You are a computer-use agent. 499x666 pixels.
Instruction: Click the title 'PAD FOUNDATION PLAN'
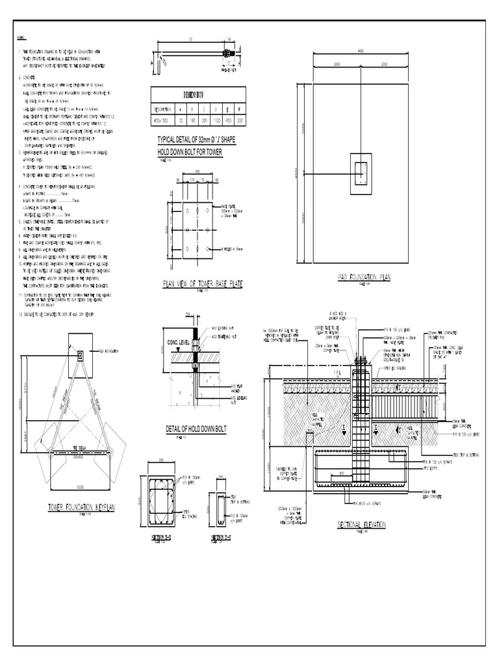click(x=364, y=278)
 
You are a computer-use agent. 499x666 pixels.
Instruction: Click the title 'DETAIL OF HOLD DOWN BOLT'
click(x=196, y=429)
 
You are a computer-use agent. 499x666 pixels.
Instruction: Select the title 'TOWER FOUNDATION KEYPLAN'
click(x=81, y=508)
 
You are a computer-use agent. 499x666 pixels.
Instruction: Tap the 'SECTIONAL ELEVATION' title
click(x=362, y=524)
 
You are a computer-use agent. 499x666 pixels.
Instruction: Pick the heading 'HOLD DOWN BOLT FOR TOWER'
click(x=190, y=152)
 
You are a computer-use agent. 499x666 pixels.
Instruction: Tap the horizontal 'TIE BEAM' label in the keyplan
click(x=80, y=448)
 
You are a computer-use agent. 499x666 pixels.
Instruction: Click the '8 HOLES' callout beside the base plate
click(x=224, y=249)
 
